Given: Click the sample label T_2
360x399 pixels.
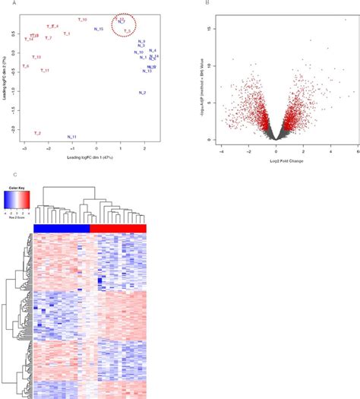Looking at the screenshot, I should pos(37,133).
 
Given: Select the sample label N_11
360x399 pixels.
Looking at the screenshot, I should pos(71,137).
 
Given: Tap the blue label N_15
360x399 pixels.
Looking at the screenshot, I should pos(99,29).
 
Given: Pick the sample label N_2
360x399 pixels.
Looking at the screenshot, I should pos(142,93).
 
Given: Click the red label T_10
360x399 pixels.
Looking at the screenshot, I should pos(82,18).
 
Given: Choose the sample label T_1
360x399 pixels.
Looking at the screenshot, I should pos(67,33).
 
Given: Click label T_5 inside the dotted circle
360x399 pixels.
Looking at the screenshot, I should pos(128,31).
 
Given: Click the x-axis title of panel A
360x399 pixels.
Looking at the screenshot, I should pos(84,157).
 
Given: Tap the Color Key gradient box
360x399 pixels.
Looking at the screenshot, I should pos(18,200).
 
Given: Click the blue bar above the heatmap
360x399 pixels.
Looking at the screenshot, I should pos(62,229).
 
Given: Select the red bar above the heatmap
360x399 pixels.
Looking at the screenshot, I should pos(118,229).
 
